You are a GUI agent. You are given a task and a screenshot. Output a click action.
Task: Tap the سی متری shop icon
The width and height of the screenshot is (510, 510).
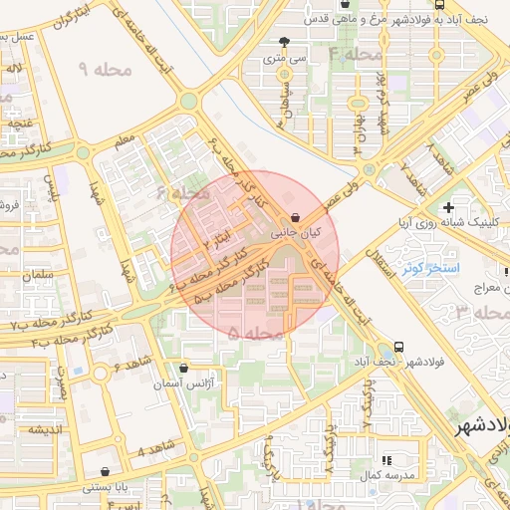pyautogui.click(x=287, y=42)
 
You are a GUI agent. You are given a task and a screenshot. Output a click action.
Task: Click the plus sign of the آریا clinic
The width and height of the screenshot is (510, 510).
pyautogui.click(x=449, y=208)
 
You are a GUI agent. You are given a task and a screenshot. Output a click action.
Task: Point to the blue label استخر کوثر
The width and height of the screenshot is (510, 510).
pyautogui.click(x=429, y=269)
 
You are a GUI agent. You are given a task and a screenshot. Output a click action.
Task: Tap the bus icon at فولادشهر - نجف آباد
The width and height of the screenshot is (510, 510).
pyautogui.click(x=399, y=347)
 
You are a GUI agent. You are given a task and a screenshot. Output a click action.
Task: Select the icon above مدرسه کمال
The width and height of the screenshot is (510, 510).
pyautogui.click(x=387, y=460)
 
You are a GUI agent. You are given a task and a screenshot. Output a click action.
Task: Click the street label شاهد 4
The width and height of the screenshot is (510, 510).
pyautogui.click(x=154, y=451)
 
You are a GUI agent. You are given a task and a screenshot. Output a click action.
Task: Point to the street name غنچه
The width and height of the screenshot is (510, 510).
pyautogui.click(x=23, y=124)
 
